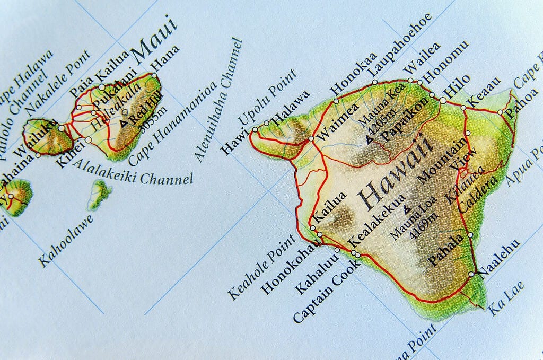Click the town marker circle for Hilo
tap(443, 100)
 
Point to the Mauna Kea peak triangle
tap(369, 141)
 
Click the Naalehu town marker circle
tap(471, 274)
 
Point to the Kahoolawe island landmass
tap(99, 194)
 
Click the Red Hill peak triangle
tap(124, 123)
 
